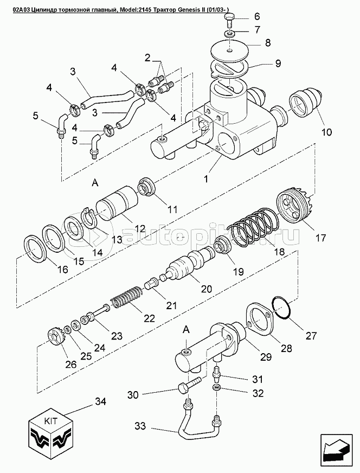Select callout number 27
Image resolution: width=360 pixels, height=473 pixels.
coord(310,336)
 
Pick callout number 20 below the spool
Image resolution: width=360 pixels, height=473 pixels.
coord(206,290)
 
